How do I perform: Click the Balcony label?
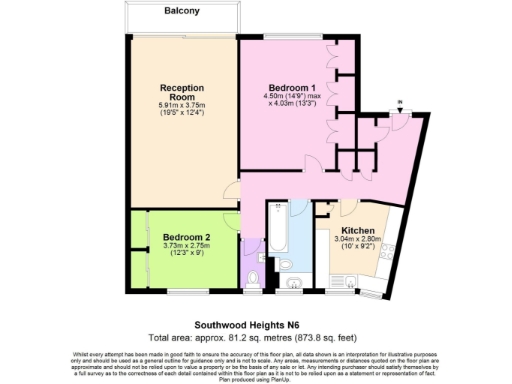183,13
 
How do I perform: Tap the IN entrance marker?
399,103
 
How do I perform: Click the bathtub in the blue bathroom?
276,236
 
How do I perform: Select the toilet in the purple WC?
255,275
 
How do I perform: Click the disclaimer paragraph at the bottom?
256,364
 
